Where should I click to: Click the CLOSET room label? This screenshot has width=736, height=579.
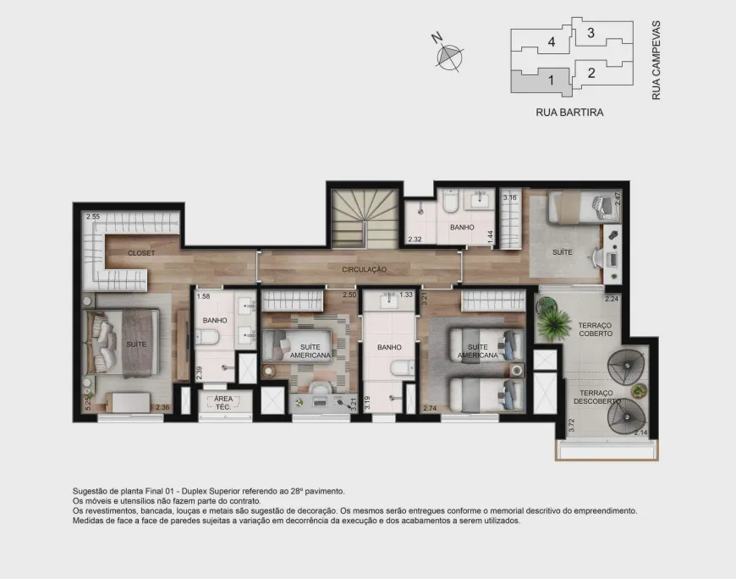click(x=141, y=253)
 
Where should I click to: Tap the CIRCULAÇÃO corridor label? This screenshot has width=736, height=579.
click(x=365, y=269)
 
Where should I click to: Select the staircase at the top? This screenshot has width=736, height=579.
click(x=365, y=218)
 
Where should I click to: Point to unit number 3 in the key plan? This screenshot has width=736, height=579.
click(x=591, y=33)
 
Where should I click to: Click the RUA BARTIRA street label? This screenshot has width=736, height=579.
click(x=569, y=113)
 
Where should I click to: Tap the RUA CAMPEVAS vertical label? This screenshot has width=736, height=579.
click(x=656, y=60)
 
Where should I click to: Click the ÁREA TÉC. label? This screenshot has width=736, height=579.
click(x=223, y=403)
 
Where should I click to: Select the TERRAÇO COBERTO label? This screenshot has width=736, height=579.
click(x=596, y=329)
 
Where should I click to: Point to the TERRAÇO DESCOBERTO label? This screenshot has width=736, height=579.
click(x=596, y=397)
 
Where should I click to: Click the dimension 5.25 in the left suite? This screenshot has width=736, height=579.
click(x=87, y=402)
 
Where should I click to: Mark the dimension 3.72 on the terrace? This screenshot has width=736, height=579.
click(x=571, y=426)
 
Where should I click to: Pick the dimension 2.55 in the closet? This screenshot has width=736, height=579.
click(x=93, y=217)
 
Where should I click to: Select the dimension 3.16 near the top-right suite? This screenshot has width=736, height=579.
click(x=510, y=198)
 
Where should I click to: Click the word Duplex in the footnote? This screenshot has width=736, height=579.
click(x=195, y=491)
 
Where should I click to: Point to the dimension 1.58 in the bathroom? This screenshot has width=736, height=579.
click(x=203, y=296)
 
